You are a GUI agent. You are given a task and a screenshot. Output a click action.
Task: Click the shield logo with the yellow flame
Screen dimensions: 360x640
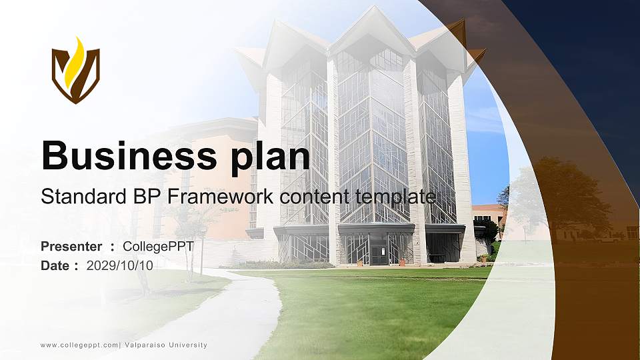click(76, 71)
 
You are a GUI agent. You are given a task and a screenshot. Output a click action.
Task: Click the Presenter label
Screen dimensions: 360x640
click(71, 247)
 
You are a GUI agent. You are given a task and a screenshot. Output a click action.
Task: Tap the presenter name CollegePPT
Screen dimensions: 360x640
click(159, 247)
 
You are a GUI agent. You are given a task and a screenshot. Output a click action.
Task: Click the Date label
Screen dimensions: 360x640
click(55, 265)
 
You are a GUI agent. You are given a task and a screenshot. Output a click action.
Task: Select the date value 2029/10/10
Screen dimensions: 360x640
click(120, 265)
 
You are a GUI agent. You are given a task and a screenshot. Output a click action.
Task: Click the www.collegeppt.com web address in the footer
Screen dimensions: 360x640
click(79, 345)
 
